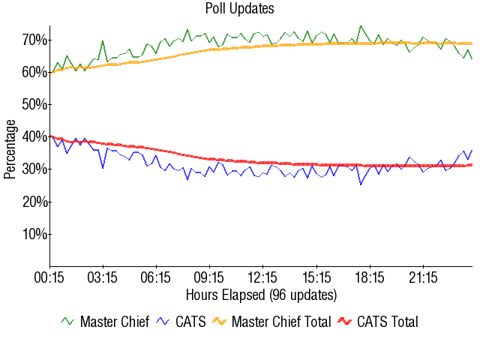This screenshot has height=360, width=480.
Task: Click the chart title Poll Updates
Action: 240,9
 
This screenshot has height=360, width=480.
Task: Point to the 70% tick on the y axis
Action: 35,39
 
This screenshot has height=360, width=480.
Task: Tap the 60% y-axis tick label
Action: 35,72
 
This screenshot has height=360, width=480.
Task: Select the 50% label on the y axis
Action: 35,104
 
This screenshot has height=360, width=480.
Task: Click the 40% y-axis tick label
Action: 35,136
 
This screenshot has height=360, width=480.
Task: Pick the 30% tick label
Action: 35,169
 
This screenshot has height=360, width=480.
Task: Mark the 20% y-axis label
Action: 35,202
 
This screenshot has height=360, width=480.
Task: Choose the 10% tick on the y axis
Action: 35,234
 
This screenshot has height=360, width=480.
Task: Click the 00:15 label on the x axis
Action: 50,278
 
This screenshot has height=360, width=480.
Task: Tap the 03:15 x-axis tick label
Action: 103,278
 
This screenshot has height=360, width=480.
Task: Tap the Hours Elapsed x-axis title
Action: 261,294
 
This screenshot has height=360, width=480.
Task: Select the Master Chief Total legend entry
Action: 281,322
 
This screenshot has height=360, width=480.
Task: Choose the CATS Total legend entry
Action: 387,322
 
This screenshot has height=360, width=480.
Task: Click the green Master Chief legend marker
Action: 68,321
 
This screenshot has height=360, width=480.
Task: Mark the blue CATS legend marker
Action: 164,321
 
